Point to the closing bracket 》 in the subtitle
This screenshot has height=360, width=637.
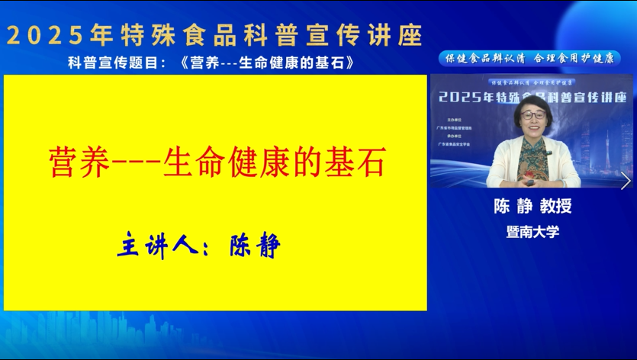(349, 62)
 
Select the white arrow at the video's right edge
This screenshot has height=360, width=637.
(626, 180)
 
